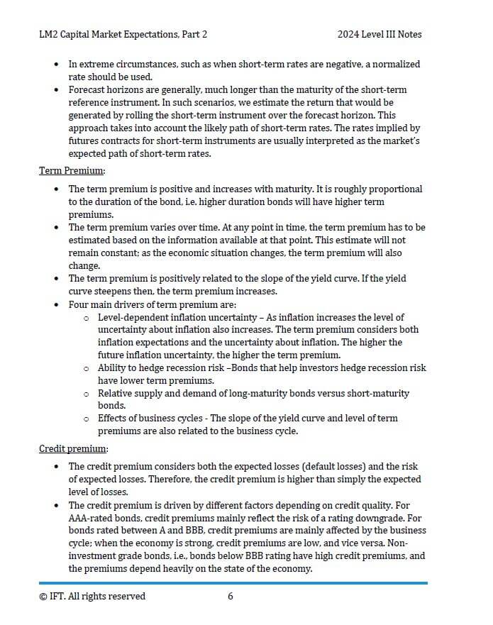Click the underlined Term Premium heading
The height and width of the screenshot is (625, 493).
(72, 171)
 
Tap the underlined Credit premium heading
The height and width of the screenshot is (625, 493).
(73, 449)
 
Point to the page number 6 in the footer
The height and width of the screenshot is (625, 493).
(231, 596)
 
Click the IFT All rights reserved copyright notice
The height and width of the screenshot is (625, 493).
(92, 596)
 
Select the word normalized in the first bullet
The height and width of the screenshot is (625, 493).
(392, 64)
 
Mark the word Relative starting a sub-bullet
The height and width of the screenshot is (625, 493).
(116, 393)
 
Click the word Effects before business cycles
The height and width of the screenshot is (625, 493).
(113, 419)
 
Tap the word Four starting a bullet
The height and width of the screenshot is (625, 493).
(79, 304)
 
